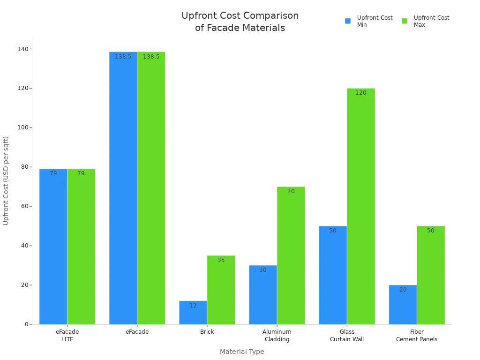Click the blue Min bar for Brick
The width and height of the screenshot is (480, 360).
pos(193,313)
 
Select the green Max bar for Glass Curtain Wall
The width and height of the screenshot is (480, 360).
pos(360,206)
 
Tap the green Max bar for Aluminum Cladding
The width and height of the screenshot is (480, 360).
pos(291,255)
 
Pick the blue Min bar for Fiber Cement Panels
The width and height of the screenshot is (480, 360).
pos(403,305)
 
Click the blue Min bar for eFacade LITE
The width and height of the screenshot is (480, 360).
pos(53,247)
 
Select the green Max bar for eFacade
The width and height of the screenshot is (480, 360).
pos(151,188)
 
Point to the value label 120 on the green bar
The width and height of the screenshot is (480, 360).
pos(360,93)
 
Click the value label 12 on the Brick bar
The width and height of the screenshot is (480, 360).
pos(193,306)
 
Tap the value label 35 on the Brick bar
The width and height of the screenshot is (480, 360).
pos(221,260)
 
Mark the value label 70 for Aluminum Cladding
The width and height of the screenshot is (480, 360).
pos(291,191)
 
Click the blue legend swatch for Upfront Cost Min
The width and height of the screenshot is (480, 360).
pos(348,21)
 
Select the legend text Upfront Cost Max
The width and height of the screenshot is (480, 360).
pos(431,21)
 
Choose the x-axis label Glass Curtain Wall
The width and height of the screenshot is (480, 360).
pos(347,336)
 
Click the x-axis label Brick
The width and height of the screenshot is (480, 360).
pos(207,332)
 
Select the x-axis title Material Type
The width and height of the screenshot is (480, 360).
pos(242,352)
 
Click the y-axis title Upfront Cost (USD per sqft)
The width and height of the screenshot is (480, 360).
pos(6,180)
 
